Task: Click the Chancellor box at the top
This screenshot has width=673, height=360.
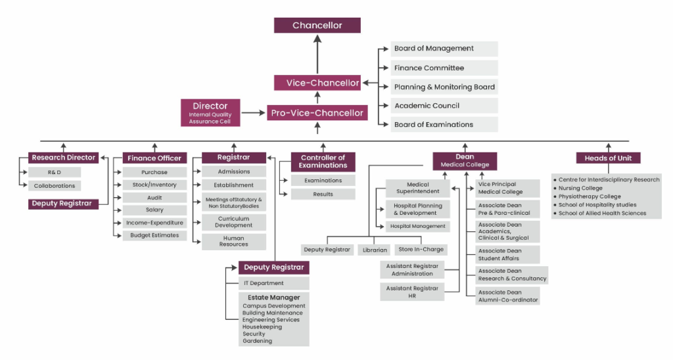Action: coord(317,26)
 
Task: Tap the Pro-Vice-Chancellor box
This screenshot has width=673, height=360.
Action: coord(317,113)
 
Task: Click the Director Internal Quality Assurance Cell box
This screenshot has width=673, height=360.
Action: coord(210,113)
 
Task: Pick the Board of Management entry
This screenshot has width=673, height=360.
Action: coord(444,49)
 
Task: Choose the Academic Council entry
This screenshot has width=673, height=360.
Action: coord(444,106)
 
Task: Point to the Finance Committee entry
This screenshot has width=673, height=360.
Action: coord(444,68)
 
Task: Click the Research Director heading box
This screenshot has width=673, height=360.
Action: coord(64,158)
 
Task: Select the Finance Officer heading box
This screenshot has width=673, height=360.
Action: coord(155,158)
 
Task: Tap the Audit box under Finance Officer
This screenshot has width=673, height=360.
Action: coord(154,198)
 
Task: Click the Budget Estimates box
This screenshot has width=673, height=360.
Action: coord(154,235)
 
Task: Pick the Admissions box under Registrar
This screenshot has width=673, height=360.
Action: coord(233,172)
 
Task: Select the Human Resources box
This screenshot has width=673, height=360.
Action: coord(233,241)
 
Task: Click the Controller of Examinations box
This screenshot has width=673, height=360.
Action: coord(323,162)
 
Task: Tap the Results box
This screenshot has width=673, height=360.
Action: coord(323,194)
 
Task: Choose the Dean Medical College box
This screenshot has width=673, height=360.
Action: coord(465,161)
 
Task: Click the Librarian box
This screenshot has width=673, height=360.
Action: coord(375,250)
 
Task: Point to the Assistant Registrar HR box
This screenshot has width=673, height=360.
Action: coord(412,292)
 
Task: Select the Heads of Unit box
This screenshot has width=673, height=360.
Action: coord(608,158)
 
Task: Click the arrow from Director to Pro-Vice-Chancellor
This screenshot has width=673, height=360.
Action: coord(253,114)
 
